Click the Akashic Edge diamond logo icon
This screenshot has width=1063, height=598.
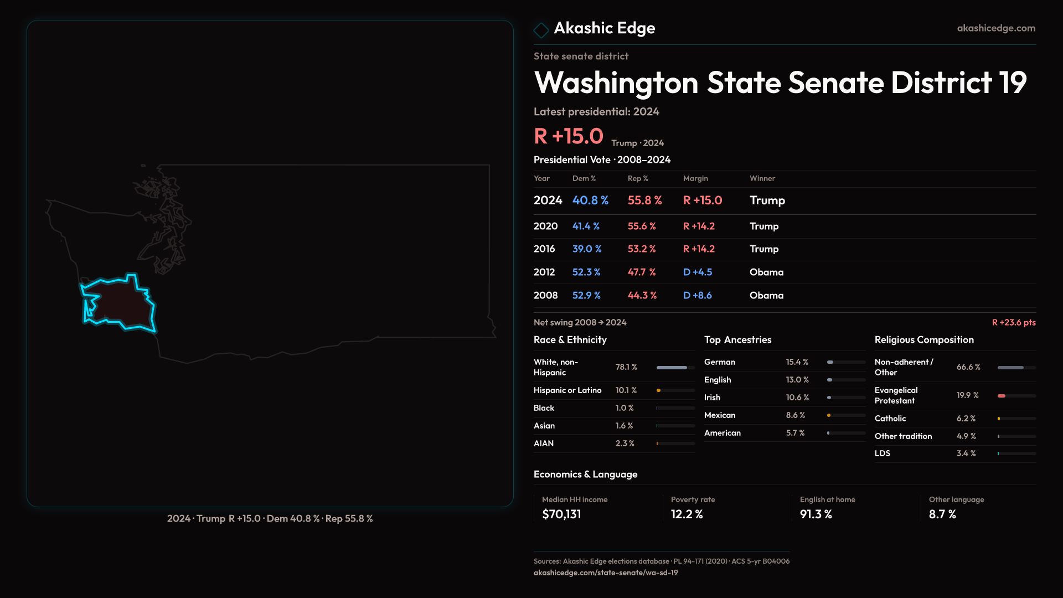click(541, 30)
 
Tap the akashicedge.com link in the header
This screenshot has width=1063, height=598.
click(995, 28)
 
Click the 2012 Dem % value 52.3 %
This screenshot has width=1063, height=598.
click(586, 272)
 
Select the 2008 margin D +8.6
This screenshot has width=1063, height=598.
click(697, 296)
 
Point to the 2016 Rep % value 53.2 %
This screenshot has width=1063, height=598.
click(641, 249)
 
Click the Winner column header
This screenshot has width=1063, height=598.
click(762, 178)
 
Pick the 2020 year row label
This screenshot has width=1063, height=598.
click(545, 226)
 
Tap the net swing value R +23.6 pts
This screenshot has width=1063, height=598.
click(1013, 323)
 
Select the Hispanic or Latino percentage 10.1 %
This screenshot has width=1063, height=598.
click(626, 390)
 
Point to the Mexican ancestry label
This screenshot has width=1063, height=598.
click(719, 415)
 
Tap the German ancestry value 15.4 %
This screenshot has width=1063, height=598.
click(797, 362)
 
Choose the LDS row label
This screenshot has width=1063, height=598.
click(882, 453)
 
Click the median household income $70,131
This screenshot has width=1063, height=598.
click(561, 514)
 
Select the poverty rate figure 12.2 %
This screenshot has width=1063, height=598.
click(687, 514)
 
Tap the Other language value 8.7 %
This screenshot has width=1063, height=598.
click(942, 514)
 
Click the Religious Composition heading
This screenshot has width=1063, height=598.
click(923, 340)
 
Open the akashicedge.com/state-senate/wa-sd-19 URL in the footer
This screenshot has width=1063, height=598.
click(605, 573)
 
